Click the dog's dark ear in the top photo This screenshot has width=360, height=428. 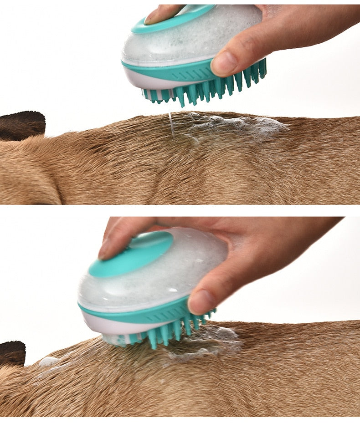22,124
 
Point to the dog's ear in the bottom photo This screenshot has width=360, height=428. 12,353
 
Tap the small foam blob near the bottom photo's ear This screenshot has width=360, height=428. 48,362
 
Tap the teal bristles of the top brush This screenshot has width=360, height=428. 205,89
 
